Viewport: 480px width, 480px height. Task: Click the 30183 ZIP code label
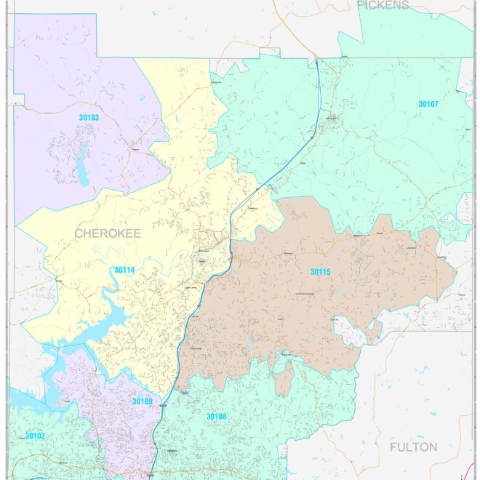(x=89, y=116)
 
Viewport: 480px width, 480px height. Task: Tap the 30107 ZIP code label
(x=428, y=104)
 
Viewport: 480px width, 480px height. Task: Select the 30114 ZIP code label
(x=124, y=270)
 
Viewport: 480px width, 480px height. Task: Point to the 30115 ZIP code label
(x=320, y=272)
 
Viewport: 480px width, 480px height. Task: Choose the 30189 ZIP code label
(x=143, y=401)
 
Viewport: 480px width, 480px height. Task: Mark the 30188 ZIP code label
(x=216, y=417)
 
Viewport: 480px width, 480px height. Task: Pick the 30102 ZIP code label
(x=35, y=436)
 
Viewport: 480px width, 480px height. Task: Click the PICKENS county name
(x=383, y=5)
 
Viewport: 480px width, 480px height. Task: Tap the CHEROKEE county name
(x=107, y=233)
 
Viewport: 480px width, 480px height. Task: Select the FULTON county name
(x=413, y=447)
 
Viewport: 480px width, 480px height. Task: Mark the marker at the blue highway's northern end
(x=316, y=62)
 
